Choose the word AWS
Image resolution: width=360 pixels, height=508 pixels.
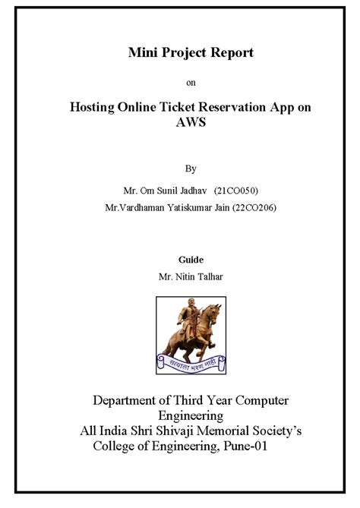coord(190,123)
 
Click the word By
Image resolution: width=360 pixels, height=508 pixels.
coord(191,168)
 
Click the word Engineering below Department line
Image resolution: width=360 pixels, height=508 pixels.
coord(190,415)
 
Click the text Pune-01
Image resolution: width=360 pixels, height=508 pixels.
coord(241,446)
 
